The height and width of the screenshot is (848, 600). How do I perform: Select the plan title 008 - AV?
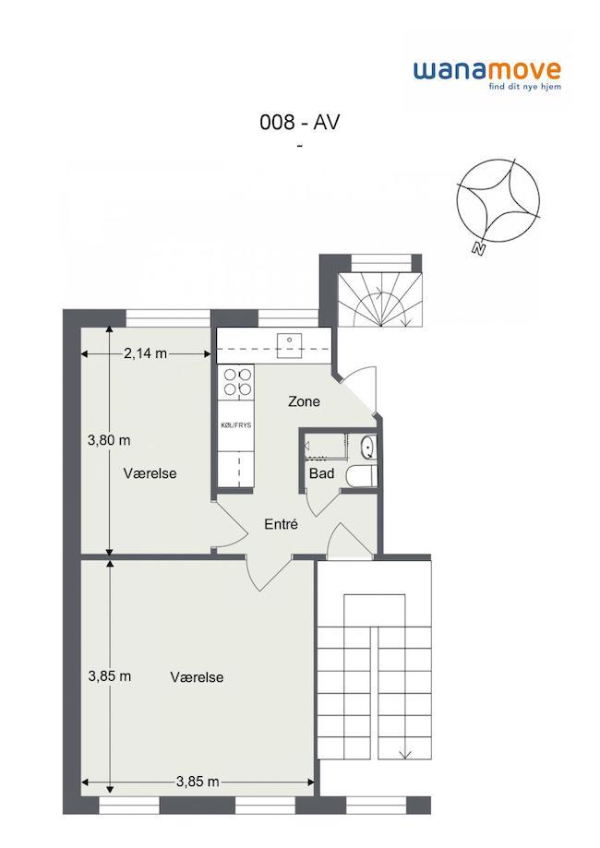[300, 122]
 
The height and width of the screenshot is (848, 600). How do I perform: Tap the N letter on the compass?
[478, 249]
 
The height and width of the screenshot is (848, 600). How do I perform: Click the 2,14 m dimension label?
[145, 353]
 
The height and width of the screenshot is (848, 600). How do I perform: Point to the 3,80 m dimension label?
[109, 440]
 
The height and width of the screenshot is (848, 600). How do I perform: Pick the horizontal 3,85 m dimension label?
[198, 782]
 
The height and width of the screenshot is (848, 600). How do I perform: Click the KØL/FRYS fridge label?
[236, 425]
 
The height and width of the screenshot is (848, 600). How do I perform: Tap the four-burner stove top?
[237, 381]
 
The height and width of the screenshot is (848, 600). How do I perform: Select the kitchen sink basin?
[290, 346]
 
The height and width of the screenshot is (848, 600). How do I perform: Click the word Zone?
[304, 401]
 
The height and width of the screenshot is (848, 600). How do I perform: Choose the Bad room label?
[321, 473]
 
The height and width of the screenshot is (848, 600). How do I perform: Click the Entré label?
[281, 524]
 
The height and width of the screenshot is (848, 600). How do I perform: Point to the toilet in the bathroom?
[360, 476]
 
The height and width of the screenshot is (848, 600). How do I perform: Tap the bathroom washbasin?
[367, 447]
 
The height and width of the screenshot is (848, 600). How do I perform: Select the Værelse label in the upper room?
[150, 473]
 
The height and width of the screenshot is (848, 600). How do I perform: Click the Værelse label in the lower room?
[197, 677]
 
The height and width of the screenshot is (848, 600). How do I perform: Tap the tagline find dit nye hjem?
[525, 87]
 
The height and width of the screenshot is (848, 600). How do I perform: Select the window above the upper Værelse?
[168, 318]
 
